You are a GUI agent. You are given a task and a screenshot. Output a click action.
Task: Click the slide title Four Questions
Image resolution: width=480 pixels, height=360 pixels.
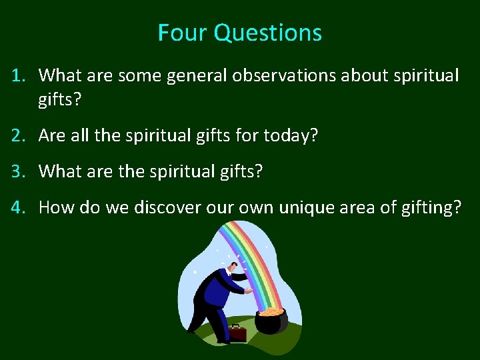[x=240, y=33]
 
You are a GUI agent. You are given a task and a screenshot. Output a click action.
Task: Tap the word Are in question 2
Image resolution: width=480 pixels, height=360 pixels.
[x=52, y=136]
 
